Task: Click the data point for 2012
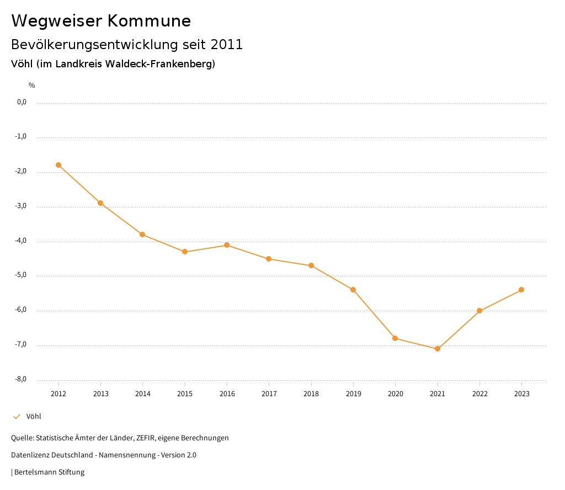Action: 58,165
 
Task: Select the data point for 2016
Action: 227,245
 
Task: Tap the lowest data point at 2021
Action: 438,349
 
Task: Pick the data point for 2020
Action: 395,338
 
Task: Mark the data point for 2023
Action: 521,290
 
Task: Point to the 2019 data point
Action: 353,290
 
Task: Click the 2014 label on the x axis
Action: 143,394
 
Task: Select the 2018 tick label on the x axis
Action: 311,394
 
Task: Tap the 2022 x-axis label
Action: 479,394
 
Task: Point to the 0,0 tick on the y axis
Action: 22,102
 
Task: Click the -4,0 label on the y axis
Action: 21,241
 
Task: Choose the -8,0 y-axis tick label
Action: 21,379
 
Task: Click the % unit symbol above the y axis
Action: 32,86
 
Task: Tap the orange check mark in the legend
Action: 17,417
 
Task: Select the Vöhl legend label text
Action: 34,417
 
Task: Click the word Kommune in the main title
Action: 149,21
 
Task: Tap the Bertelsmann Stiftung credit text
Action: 49,472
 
